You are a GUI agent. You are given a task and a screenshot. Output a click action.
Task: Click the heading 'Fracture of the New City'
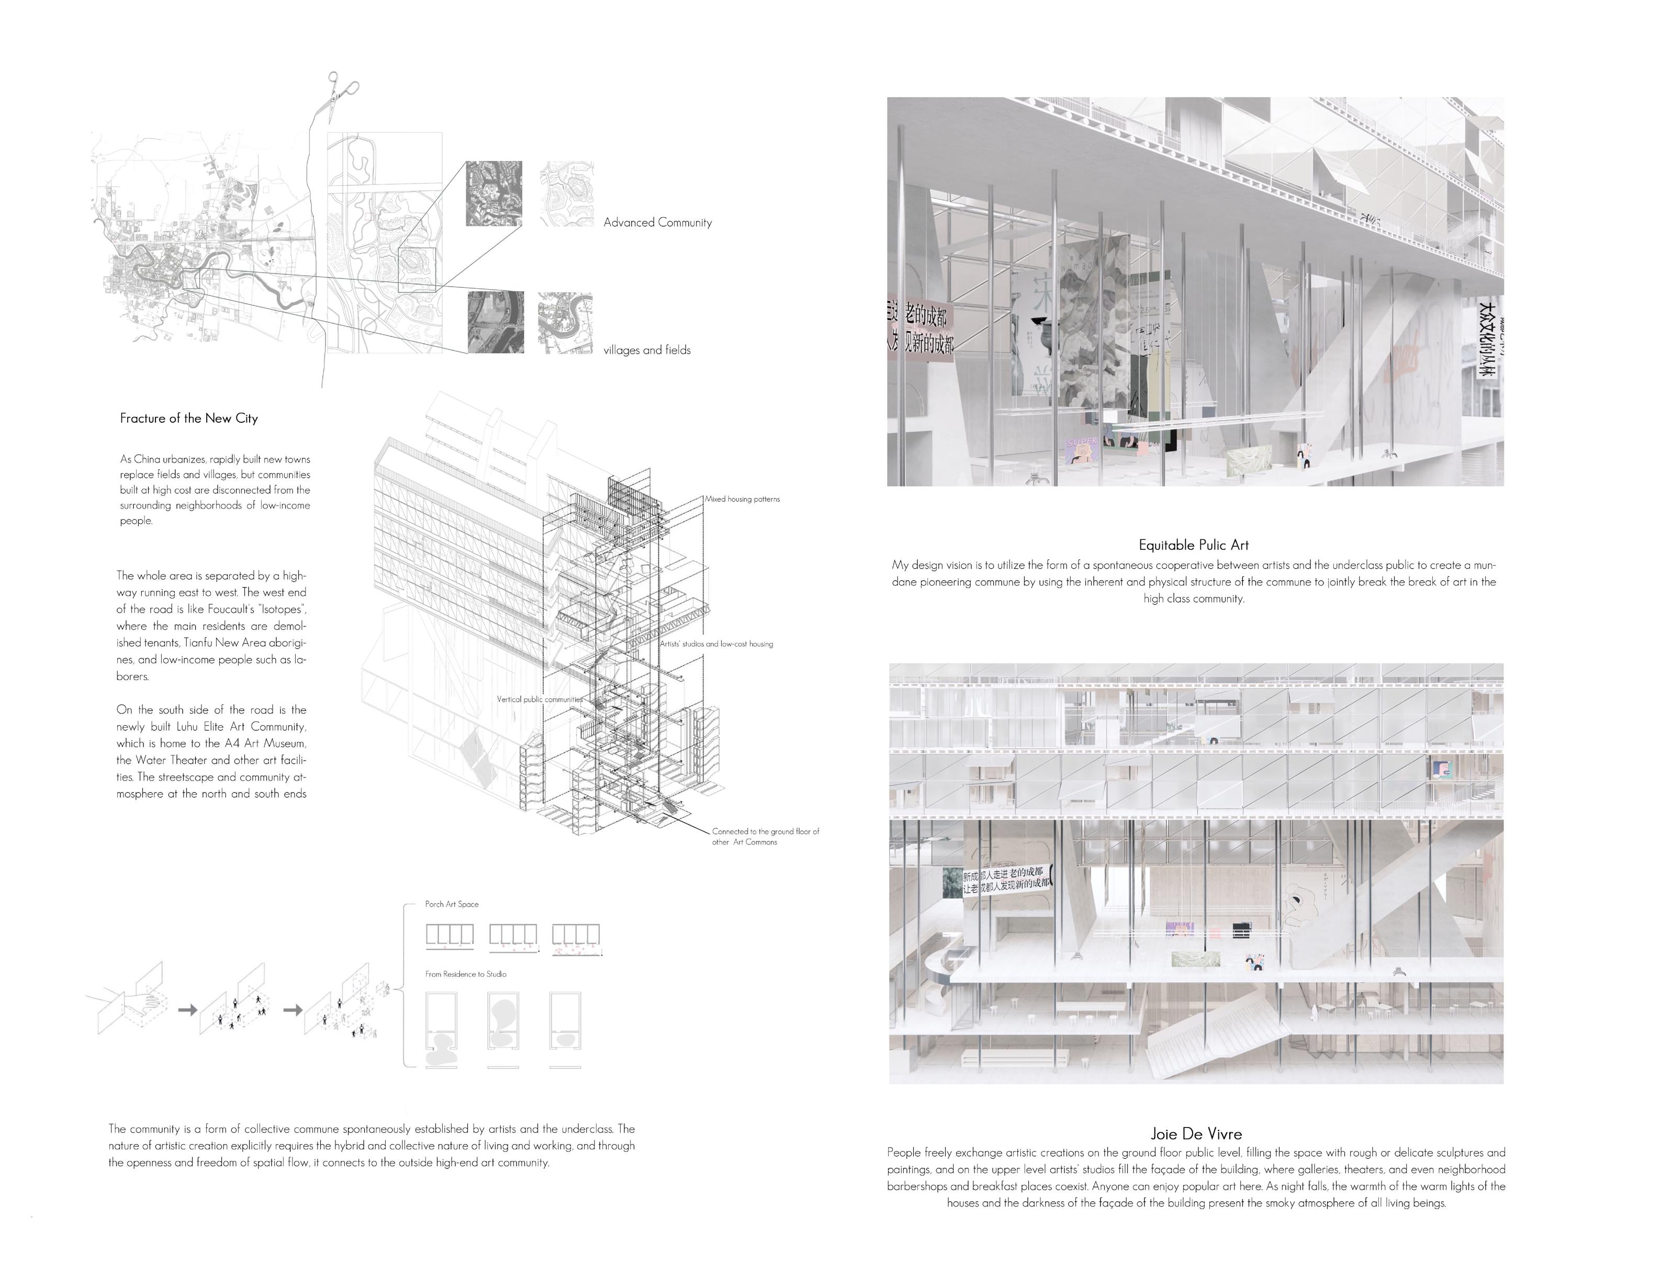189,419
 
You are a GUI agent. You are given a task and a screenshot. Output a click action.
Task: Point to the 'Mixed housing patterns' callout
742,499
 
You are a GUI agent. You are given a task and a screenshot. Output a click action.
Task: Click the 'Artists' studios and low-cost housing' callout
716,644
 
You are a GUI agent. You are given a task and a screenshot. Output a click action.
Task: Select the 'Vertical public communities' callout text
539,699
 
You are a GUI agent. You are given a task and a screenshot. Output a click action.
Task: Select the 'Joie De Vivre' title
1196,1134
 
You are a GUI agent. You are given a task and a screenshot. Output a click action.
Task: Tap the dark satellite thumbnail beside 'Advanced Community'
494,194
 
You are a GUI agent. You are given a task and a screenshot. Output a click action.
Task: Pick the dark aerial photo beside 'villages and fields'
495,322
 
